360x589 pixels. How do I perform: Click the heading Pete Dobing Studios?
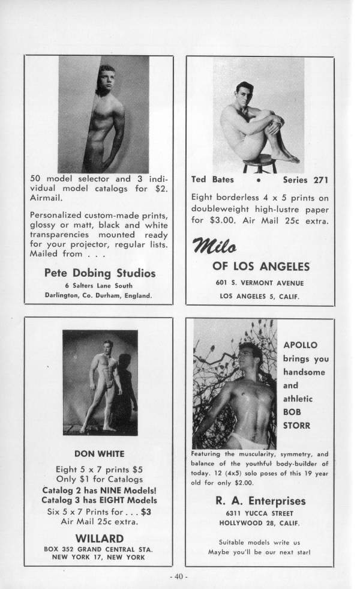point(100,273)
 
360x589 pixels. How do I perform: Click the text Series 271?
point(305,179)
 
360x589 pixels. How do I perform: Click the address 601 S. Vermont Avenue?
point(260,283)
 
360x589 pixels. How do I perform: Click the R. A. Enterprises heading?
point(260,501)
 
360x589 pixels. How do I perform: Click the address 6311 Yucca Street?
point(260,513)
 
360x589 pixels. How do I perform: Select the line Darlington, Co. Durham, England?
point(99,295)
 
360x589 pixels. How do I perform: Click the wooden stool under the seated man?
point(259,161)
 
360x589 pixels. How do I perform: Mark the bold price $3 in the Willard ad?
point(145,512)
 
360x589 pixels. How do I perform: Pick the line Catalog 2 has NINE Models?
point(99,490)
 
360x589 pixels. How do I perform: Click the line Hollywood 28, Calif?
point(260,523)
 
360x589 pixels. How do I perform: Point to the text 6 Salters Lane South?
point(99,285)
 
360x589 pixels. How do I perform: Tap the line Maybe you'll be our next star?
point(260,551)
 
